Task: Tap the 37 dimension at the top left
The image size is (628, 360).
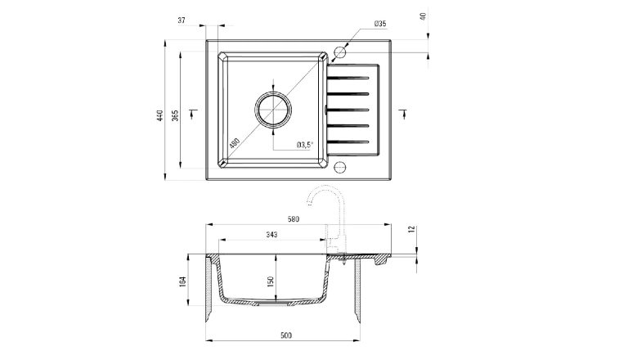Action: [x=182, y=21]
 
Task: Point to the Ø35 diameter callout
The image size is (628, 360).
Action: [x=379, y=25]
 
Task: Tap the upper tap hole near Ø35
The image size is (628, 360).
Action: [x=341, y=54]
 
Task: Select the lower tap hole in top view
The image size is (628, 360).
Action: [x=341, y=168]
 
